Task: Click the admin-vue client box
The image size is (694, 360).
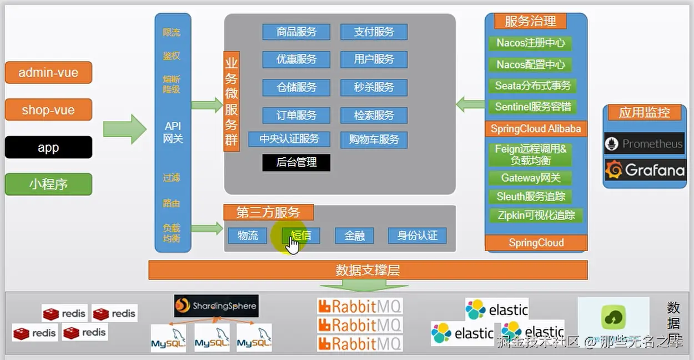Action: pyautogui.click(x=48, y=73)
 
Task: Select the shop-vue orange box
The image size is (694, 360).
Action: pyautogui.click(x=48, y=110)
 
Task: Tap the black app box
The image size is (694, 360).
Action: pyautogui.click(x=48, y=148)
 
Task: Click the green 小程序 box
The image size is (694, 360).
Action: pyautogui.click(x=48, y=184)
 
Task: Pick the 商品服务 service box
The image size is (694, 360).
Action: pyautogui.click(x=296, y=32)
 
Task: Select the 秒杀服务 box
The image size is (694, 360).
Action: pyautogui.click(x=374, y=87)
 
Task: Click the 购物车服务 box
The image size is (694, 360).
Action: pyautogui.click(x=374, y=139)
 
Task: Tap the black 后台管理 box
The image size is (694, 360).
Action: pyautogui.click(x=296, y=162)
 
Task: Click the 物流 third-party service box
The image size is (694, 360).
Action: pyautogui.click(x=248, y=236)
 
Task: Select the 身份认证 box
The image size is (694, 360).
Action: pyautogui.click(x=417, y=236)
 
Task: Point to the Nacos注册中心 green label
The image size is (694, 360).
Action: pyautogui.click(x=530, y=43)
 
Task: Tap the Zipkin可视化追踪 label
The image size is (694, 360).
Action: pyautogui.click(x=536, y=216)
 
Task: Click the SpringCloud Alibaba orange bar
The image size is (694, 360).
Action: pyautogui.click(x=536, y=129)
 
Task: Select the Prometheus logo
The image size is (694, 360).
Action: pyautogui.click(x=645, y=144)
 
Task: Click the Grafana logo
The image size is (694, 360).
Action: pyautogui.click(x=645, y=170)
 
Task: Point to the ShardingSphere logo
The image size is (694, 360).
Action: pyautogui.click(x=216, y=306)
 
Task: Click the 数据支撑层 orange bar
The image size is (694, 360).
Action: pyautogui.click(x=368, y=271)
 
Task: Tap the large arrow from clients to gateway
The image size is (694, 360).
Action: pyautogui.click(x=124, y=129)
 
